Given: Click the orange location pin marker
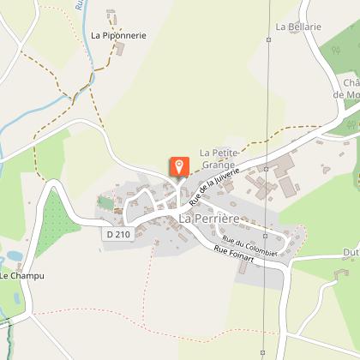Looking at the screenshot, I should coord(179,166).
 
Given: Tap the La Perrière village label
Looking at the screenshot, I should coord(208,219).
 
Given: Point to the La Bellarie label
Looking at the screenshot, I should coord(298,27).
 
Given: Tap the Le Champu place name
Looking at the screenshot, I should coord(21,276).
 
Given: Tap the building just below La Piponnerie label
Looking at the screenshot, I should coord(120,49).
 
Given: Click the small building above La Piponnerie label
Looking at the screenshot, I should coord(111,15).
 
